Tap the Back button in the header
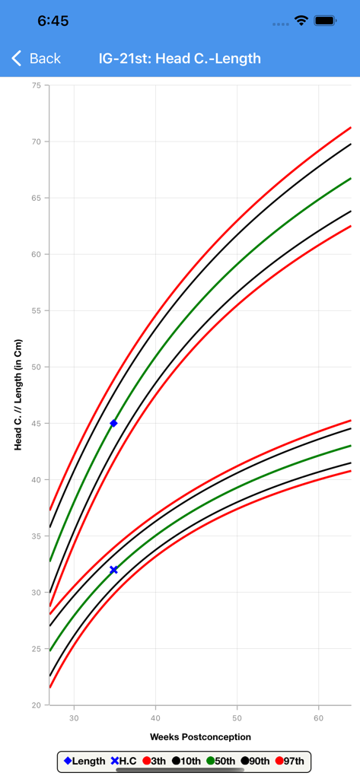36,59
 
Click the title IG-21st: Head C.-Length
180,59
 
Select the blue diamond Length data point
114,423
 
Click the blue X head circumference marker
114,570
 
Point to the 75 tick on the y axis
37,86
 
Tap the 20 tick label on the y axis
37,705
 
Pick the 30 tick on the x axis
74,718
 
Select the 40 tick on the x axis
155,718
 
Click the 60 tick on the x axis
319,718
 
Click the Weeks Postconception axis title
200,736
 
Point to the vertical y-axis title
18,395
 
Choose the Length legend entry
85,761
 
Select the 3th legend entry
155,761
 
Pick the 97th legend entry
289,761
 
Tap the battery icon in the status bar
325,21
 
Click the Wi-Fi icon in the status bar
301,21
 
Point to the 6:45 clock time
53,21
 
